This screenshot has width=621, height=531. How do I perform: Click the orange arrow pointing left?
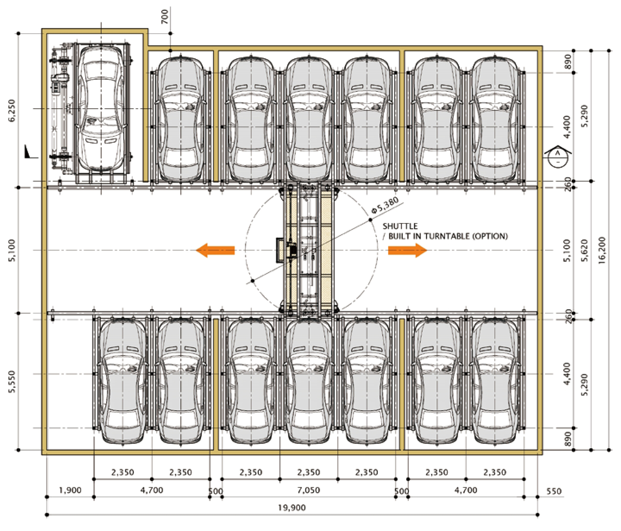[215, 250]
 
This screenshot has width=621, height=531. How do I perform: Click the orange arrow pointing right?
[408, 250]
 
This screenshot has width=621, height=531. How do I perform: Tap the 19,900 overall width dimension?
[292, 508]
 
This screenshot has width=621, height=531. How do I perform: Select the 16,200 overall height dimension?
[602, 251]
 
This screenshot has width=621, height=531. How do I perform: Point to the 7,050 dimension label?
[308, 490]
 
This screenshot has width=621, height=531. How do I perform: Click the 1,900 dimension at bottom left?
[70, 490]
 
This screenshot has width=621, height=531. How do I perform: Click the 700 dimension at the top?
[165, 17]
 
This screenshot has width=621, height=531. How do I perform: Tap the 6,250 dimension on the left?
[13, 110]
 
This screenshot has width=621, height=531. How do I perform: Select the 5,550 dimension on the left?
[13, 381]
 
